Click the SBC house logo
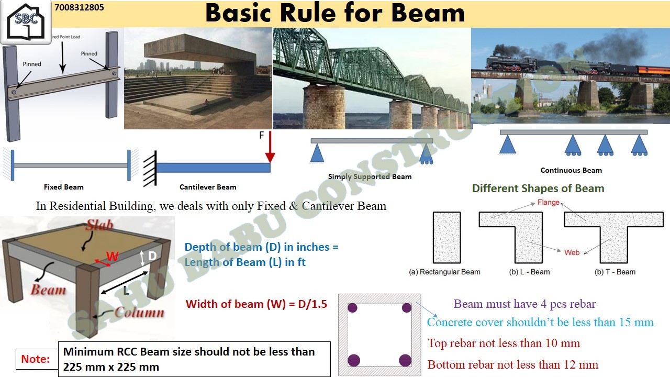(x=26, y=21)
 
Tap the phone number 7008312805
(x=79, y=7)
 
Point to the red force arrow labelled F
(x=270, y=147)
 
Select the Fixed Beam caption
(x=64, y=187)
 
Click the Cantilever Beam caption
(x=208, y=187)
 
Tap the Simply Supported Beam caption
(x=370, y=176)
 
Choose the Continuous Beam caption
(x=571, y=170)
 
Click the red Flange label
(x=548, y=203)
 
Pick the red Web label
(x=572, y=252)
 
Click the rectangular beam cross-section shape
(x=447, y=238)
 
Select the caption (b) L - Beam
(x=529, y=272)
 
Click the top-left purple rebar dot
(x=352, y=307)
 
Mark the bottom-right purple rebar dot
(x=405, y=360)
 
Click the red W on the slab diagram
(x=113, y=257)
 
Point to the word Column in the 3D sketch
(x=139, y=313)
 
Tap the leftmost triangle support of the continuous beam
(x=508, y=145)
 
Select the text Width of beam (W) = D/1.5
(x=256, y=304)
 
